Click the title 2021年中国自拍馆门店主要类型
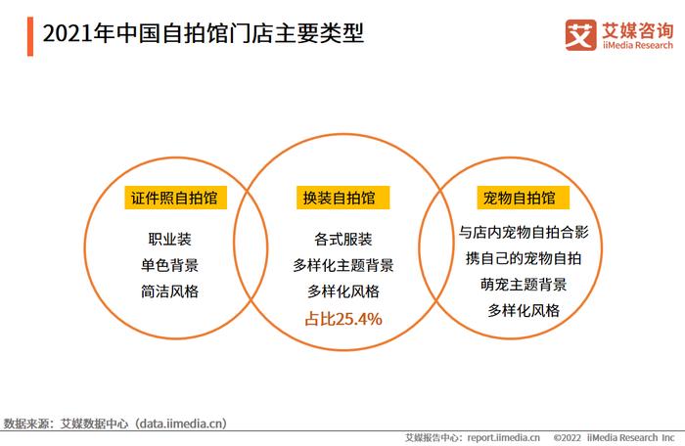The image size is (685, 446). click(x=204, y=33)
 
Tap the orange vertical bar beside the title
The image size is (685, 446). click(x=30, y=36)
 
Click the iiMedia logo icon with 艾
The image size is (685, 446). click(x=580, y=34)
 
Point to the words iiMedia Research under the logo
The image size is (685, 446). click(x=638, y=45)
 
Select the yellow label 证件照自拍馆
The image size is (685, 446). click(x=175, y=198)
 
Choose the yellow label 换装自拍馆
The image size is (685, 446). click(x=342, y=198)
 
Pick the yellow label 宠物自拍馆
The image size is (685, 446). click(x=523, y=198)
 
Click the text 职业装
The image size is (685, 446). click(x=169, y=239)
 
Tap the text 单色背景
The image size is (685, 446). click(x=169, y=265)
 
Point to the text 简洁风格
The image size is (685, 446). click(x=169, y=291)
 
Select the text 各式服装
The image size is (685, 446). click(x=342, y=239)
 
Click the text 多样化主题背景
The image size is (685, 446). click(x=342, y=265)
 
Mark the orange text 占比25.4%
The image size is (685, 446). click(x=342, y=319)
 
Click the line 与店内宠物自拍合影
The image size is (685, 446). click(x=524, y=232)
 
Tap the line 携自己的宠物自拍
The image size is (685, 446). click(x=524, y=258)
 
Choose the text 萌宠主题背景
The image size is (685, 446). click(x=524, y=285)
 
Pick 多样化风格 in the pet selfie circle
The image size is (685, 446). click(x=524, y=311)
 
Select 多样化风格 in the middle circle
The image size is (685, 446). click(x=342, y=291)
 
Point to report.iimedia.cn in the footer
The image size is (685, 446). click(x=503, y=438)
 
